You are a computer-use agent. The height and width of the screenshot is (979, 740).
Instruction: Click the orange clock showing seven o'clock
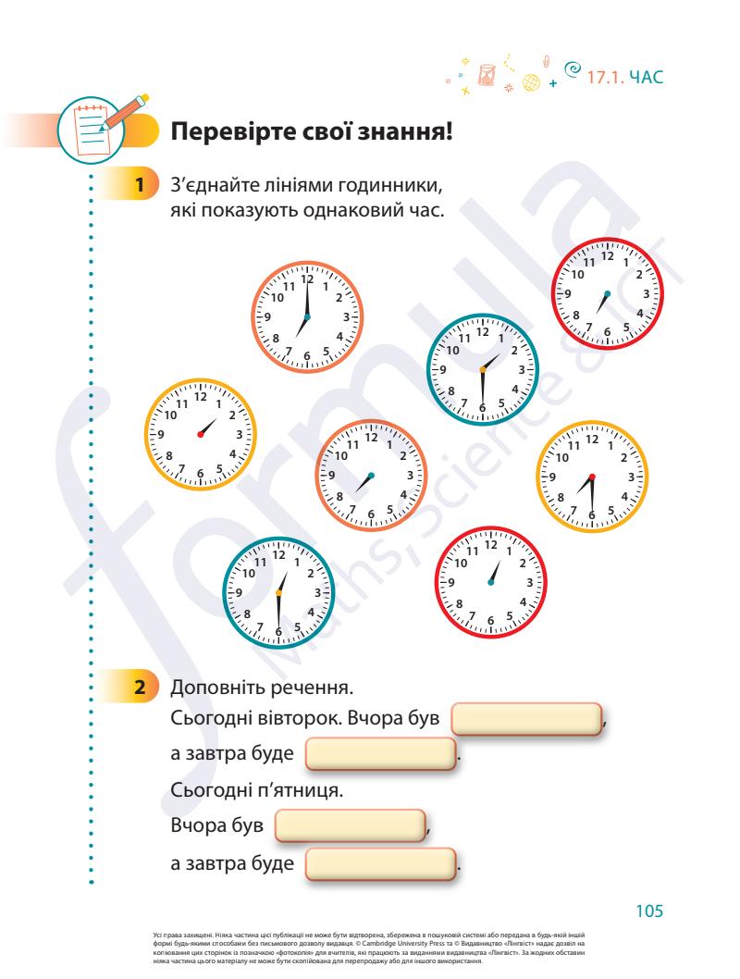(307, 316)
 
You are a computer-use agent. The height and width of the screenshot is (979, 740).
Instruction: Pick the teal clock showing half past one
(481, 369)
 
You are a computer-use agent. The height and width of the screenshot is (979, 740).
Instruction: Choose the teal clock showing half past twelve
(277, 592)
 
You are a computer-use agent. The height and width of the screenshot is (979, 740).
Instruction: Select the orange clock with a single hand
(370, 476)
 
